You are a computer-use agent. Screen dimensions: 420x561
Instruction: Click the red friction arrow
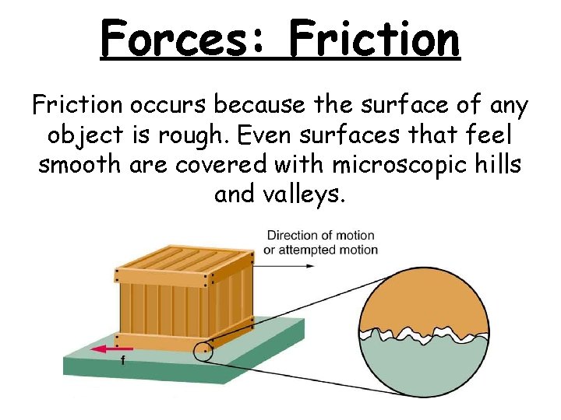pos(111,350)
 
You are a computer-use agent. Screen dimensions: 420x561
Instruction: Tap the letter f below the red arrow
pos(122,361)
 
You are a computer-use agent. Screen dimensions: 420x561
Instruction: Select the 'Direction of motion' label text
pos(320,235)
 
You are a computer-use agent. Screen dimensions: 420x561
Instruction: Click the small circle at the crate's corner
pos(204,352)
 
